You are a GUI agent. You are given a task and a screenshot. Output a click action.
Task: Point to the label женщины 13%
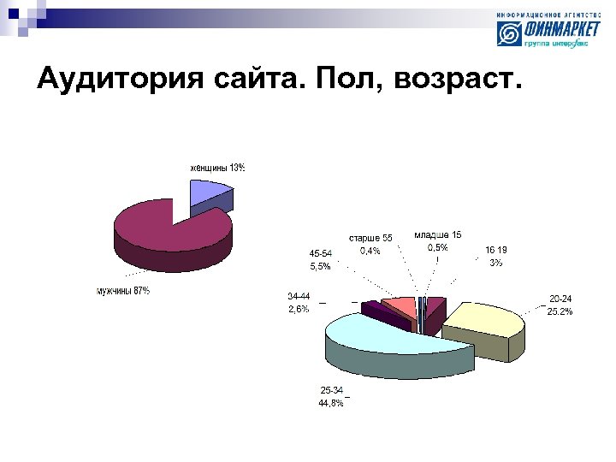click(x=217, y=168)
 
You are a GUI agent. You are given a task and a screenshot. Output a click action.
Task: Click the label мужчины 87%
click(x=122, y=291)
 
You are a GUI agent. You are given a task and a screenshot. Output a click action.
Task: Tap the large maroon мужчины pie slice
click(x=163, y=231)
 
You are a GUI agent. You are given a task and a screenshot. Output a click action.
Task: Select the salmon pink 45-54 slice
click(x=399, y=305)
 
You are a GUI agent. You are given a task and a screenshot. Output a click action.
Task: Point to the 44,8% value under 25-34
click(x=331, y=403)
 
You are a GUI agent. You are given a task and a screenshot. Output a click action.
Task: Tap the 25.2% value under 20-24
click(x=560, y=311)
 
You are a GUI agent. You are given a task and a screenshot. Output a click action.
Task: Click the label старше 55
click(x=370, y=238)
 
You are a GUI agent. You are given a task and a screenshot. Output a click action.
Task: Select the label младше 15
click(x=437, y=234)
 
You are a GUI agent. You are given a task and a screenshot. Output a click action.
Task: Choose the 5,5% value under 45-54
click(x=320, y=266)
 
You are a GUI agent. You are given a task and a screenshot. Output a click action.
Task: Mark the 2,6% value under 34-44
click(x=299, y=309)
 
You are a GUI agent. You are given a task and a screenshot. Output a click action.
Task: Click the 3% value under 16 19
click(x=495, y=263)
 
